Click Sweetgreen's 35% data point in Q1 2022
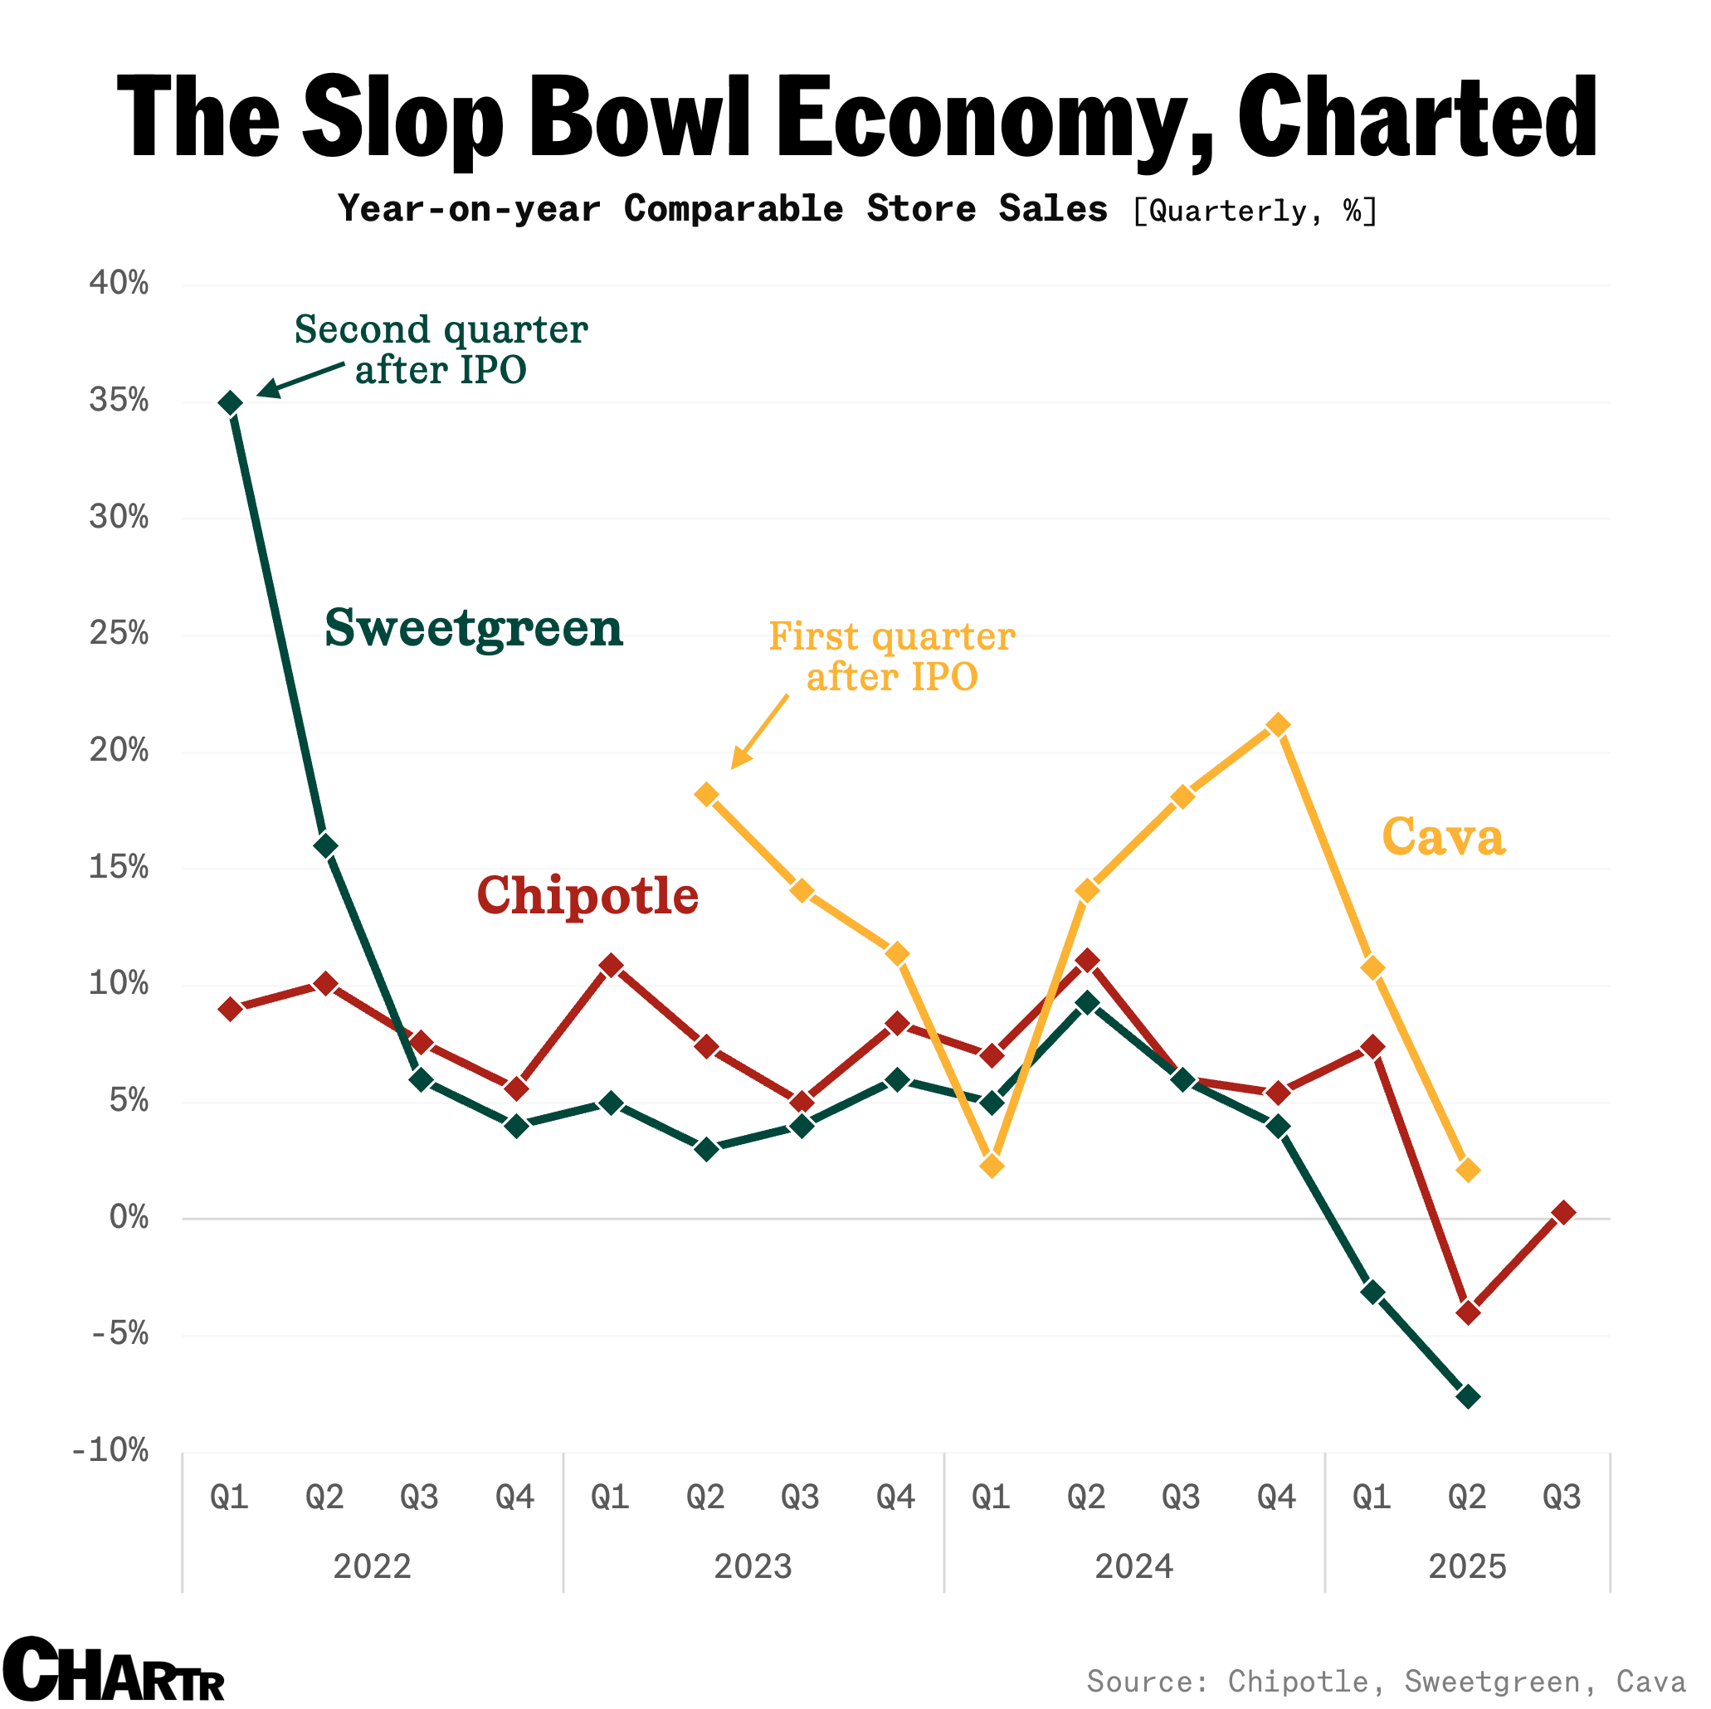coord(230,404)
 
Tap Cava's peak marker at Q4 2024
coord(1278,725)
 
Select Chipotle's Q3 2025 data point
coord(1563,1212)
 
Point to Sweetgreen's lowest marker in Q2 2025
coord(1467,1396)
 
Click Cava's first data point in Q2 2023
coord(707,794)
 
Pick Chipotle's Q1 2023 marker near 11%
coord(611,965)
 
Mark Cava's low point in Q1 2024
coord(992,1166)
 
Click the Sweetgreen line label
coord(474,629)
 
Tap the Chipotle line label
coord(587,895)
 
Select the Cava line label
coord(1443,837)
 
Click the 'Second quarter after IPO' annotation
coord(441,349)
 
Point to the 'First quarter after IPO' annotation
coord(891,656)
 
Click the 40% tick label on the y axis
coord(119,284)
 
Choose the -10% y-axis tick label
coord(111,1450)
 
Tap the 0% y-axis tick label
coord(129,1218)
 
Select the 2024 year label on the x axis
coord(1133,1566)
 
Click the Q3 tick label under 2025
coord(1562,1497)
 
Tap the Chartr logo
coord(114,1670)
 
